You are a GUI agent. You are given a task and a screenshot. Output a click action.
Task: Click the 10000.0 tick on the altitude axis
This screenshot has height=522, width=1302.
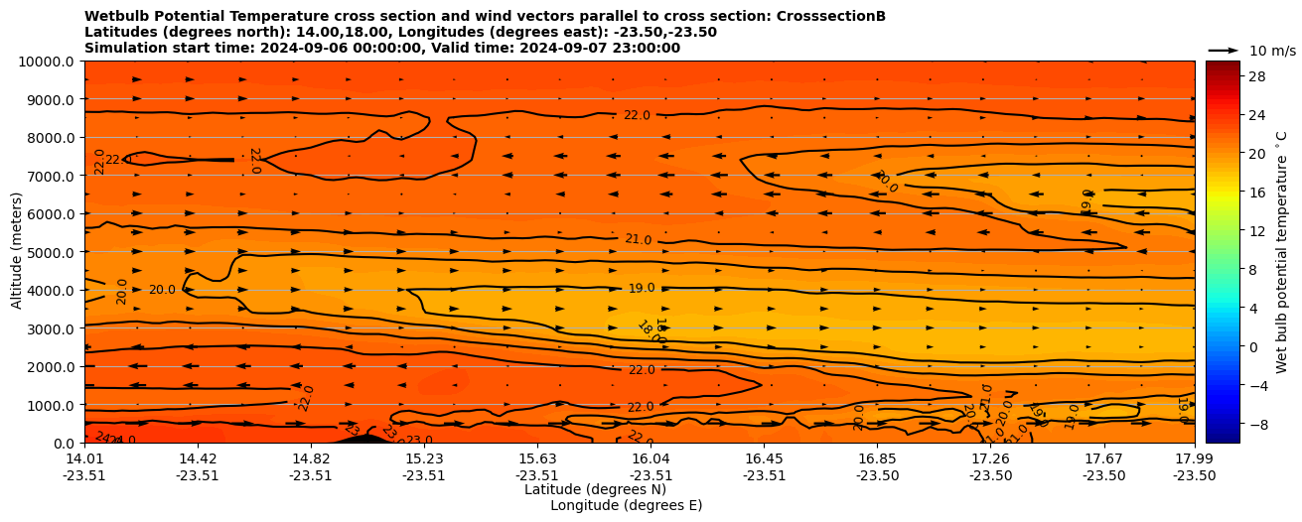pyautogui.click(x=49, y=62)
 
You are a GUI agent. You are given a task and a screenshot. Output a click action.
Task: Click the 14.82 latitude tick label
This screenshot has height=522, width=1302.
pyautogui.click(x=311, y=459)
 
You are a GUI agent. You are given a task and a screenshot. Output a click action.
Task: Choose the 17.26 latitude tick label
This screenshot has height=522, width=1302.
pyautogui.click(x=990, y=459)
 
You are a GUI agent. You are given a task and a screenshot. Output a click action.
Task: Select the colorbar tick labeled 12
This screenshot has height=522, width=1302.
pyautogui.click(x=1256, y=230)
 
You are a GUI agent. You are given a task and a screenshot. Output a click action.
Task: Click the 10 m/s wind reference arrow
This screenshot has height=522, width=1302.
pyautogui.click(x=1224, y=50)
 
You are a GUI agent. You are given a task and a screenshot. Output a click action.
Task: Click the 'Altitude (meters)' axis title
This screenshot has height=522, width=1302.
pyautogui.click(x=17, y=251)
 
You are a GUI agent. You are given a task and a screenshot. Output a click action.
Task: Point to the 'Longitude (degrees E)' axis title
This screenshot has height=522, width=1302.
pyautogui.click(x=626, y=505)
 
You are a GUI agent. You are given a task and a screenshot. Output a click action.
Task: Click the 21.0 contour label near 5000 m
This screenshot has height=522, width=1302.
pyautogui.click(x=638, y=239)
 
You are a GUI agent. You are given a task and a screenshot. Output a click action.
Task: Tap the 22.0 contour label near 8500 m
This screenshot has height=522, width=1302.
pyautogui.click(x=637, y=115)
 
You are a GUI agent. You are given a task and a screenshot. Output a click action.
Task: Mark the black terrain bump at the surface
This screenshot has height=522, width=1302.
pyautogui.click(x=363, y=438)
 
